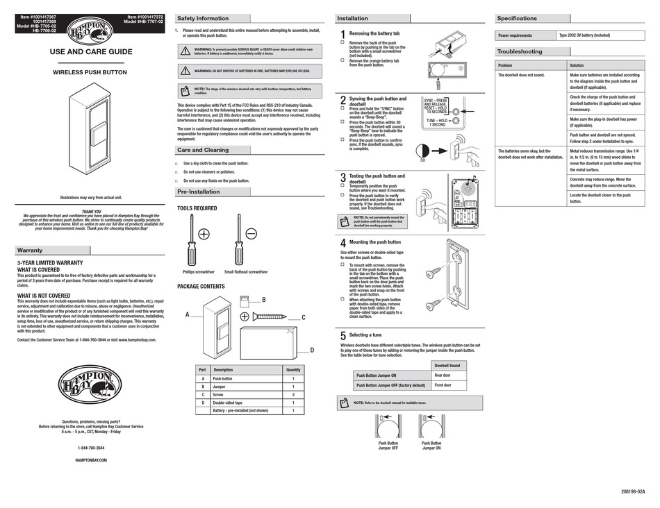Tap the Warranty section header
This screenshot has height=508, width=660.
click(x=29, y=251)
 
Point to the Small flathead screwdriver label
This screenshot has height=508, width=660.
click(x=246, y=272)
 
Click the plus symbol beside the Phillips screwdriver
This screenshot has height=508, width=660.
click(x=204, y=234)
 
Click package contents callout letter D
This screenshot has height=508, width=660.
click(x=312, y=350)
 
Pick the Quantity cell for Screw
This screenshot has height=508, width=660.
click(x=293, y=394)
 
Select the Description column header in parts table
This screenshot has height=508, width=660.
click(x=223, y=370)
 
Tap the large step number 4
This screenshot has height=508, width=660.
click(x=343, y=244)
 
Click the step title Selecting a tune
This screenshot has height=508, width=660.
click(x=365, y=335)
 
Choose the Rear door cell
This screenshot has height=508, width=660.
click(x=443, y=375)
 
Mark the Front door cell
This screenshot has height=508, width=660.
click(x=443, y=385)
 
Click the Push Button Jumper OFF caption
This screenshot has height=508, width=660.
click(x=388, y=446)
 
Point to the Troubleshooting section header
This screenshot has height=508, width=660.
click(x=519, y=51)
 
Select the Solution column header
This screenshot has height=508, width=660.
click(x=577, y=65)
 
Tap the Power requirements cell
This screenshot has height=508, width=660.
click(x=515, y=35)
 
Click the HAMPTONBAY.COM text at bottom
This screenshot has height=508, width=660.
click(x=91, y=460)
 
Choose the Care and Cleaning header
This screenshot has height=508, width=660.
click(x=203, y=150)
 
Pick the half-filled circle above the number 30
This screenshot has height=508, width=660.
click(x=422, y=151)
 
